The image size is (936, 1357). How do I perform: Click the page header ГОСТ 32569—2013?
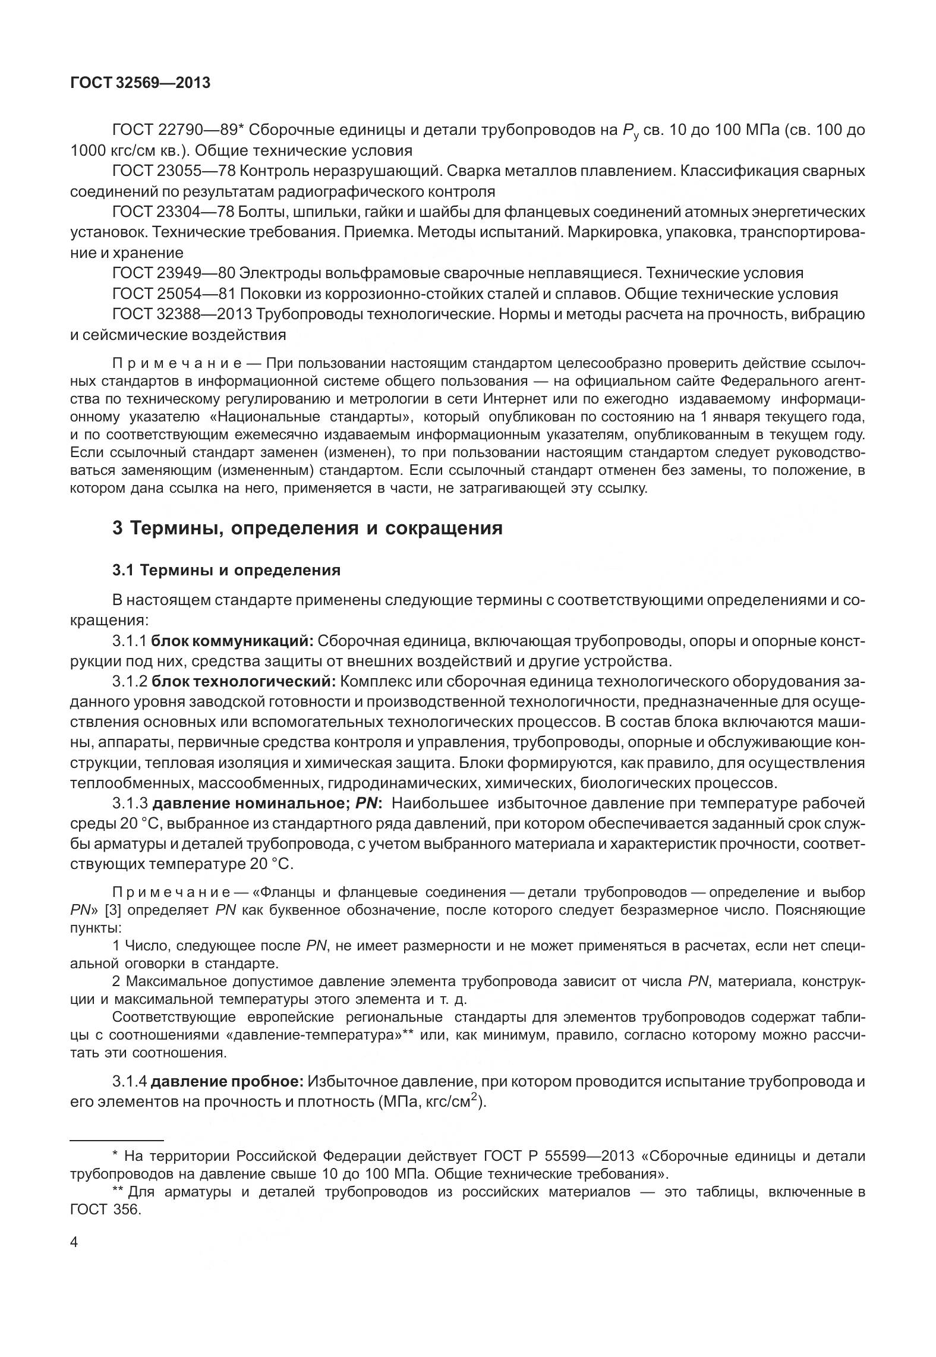[140, 83]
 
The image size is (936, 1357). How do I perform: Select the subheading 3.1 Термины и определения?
[226, 571]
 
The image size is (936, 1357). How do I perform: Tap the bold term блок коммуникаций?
[232, 641]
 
